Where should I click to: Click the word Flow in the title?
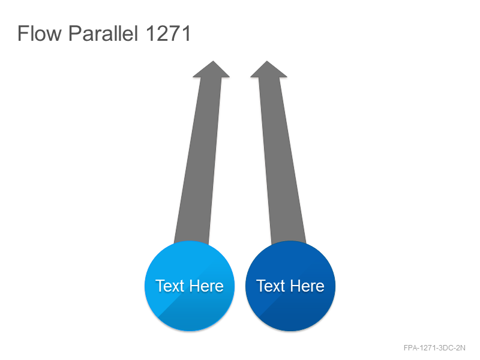40,33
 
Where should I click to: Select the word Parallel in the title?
103,33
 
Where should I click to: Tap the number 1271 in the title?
168,33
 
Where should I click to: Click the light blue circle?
190,286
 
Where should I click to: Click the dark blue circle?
290,286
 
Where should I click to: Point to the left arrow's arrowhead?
212,69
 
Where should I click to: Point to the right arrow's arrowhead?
268,69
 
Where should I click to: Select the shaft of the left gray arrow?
198,161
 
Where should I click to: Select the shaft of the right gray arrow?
282,161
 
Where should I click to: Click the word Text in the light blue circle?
170,286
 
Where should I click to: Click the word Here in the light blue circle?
206,286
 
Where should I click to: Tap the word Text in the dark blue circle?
271,286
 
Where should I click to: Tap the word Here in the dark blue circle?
307,286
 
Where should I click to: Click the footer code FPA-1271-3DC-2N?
434,348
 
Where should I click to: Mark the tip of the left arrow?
213,61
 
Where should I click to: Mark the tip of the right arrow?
267,61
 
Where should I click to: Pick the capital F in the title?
23,33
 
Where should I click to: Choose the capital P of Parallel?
75,33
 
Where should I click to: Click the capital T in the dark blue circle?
261,286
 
